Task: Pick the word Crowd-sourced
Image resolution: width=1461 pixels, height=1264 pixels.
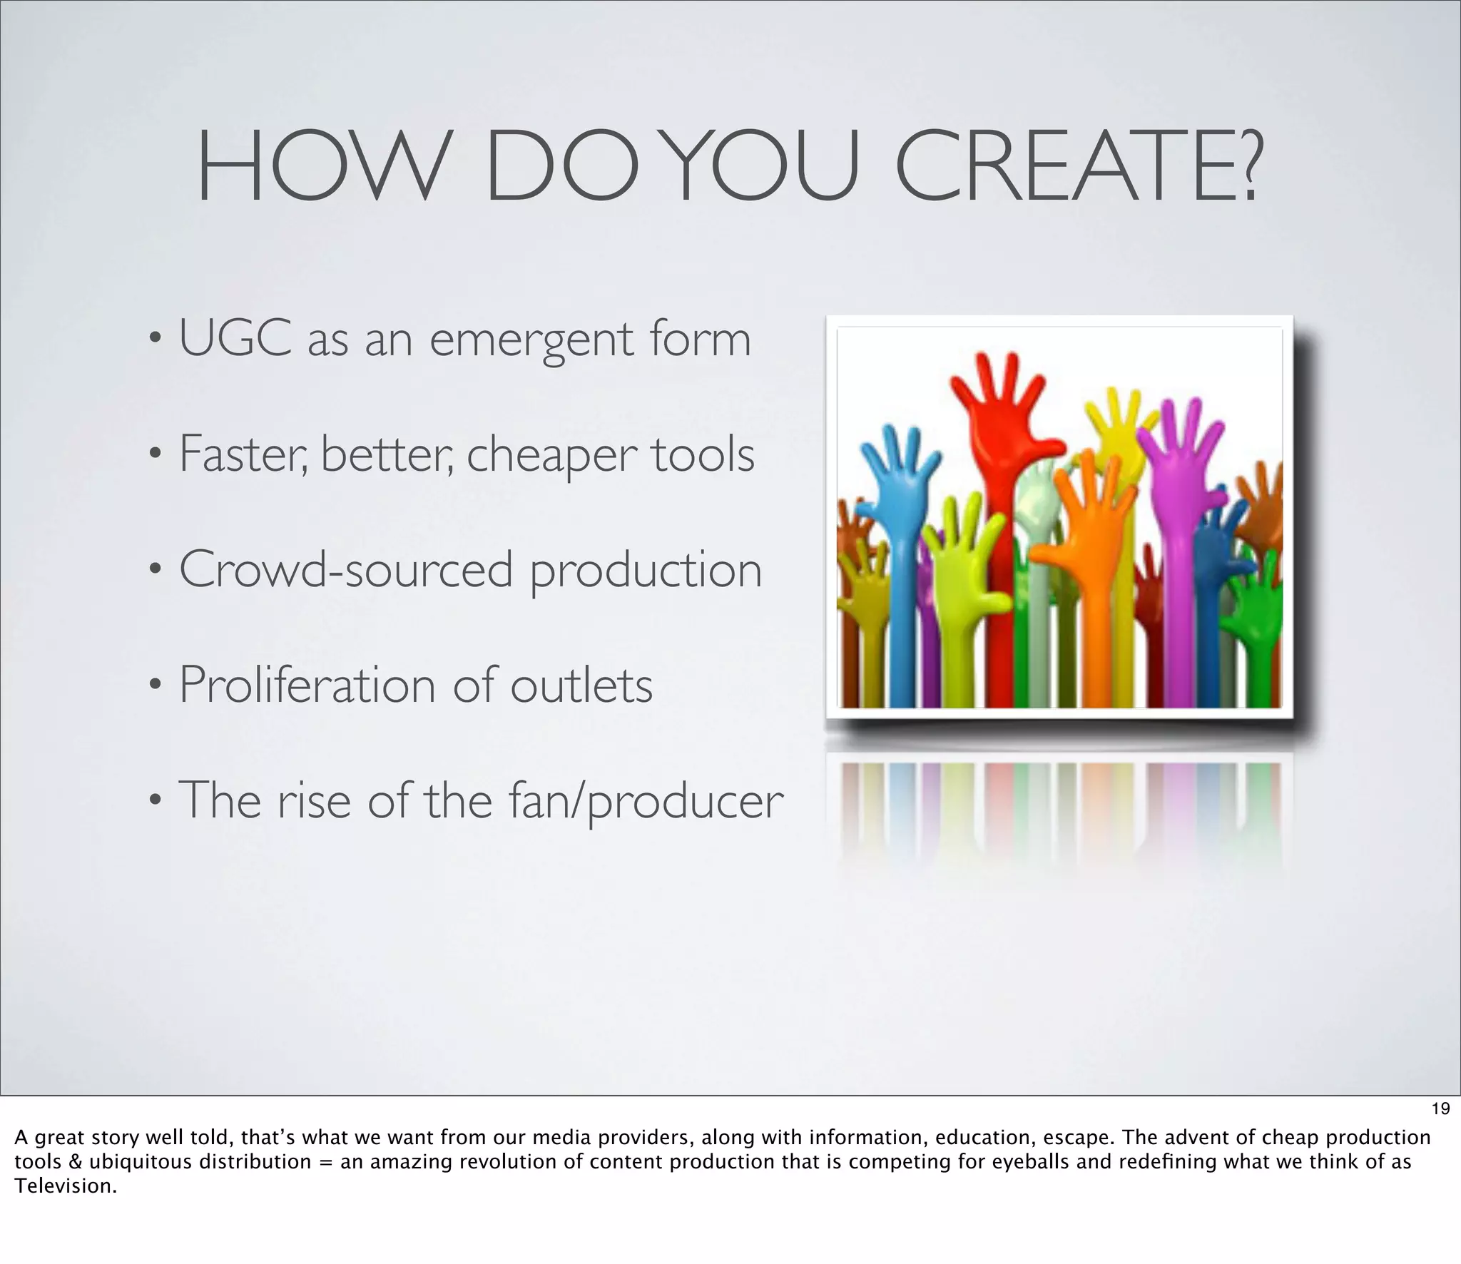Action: coord(346,570)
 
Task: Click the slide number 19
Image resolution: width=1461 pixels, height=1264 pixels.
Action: coord(1440,1108)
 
